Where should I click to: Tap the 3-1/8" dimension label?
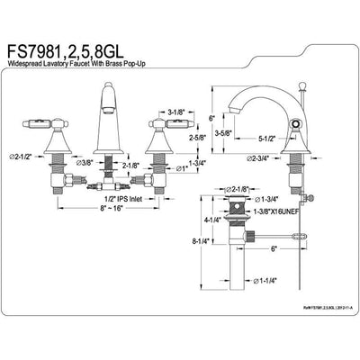coord(178,112)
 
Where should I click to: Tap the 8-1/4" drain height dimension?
coord(201,241)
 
